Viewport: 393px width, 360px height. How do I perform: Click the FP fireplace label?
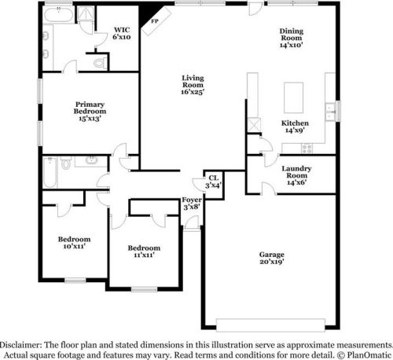click(155, 21)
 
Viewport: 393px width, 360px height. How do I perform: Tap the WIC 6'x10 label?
click(122, 33)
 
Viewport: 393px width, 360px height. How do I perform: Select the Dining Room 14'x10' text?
click(292, 38)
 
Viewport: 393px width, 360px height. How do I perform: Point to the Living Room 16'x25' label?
click(193, 85)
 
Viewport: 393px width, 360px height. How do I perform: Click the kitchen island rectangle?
click(294, 97)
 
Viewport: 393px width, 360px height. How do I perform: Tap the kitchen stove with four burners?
click(307, 149)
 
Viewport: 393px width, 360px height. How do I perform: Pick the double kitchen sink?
click(330, 112)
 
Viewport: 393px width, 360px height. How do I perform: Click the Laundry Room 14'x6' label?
click(296, 175)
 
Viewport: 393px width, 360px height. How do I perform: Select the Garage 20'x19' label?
click(272, 258)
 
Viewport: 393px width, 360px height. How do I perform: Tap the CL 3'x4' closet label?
click(214, 182)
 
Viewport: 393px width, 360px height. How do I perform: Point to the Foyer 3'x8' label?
click(192, 204)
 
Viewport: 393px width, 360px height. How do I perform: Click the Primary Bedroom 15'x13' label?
click(90, 112)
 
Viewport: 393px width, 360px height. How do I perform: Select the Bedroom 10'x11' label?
click(75, 242)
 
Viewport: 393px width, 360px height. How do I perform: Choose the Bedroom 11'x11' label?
click(144, 251)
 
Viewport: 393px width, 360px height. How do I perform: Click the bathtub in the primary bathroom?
click(59, 15)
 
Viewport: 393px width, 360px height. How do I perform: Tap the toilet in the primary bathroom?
click(100, 63)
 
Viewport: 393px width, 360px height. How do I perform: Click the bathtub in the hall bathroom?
click(50, 172)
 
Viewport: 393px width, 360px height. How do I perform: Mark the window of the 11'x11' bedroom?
click(144, 289)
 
